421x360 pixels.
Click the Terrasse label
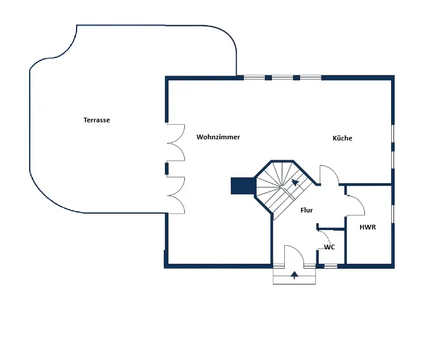[97, 120]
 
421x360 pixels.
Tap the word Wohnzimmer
[218, 137]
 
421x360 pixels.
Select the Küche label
[343, 138]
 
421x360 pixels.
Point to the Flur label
[306, 210]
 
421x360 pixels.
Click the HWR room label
[367, 227]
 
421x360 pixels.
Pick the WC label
[330, 247]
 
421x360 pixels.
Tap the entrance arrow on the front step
[294, 275]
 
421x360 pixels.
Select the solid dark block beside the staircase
[241, 186]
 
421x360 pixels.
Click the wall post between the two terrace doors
[167, 169]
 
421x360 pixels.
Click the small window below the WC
[331, 266]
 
